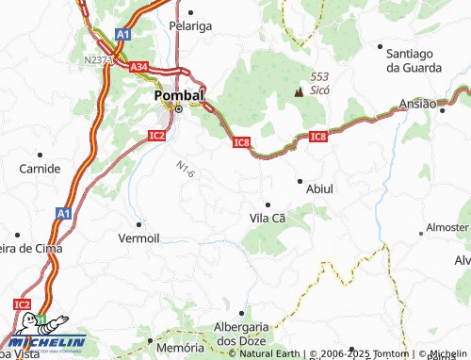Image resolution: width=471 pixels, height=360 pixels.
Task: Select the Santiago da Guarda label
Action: tap(408, 59)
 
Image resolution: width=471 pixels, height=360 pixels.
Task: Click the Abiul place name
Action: tap(319, 188)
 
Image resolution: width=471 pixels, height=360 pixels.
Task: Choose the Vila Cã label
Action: tap(267, 218)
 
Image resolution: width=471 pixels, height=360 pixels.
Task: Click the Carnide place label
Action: tap(40, 169)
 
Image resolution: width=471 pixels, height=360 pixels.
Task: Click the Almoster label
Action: tap(447, 227)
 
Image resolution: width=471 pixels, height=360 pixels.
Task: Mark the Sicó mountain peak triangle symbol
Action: tap(300, 91)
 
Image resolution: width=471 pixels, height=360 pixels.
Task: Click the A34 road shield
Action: tap(139, 67)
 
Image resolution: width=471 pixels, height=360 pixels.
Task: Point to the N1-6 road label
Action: tap(185, 169)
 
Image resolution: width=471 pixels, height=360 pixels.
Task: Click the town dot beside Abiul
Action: tap(300, 180)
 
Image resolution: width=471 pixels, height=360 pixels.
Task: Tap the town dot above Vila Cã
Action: tap(268, 204)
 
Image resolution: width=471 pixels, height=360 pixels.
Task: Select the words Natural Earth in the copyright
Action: tap(269, 354)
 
